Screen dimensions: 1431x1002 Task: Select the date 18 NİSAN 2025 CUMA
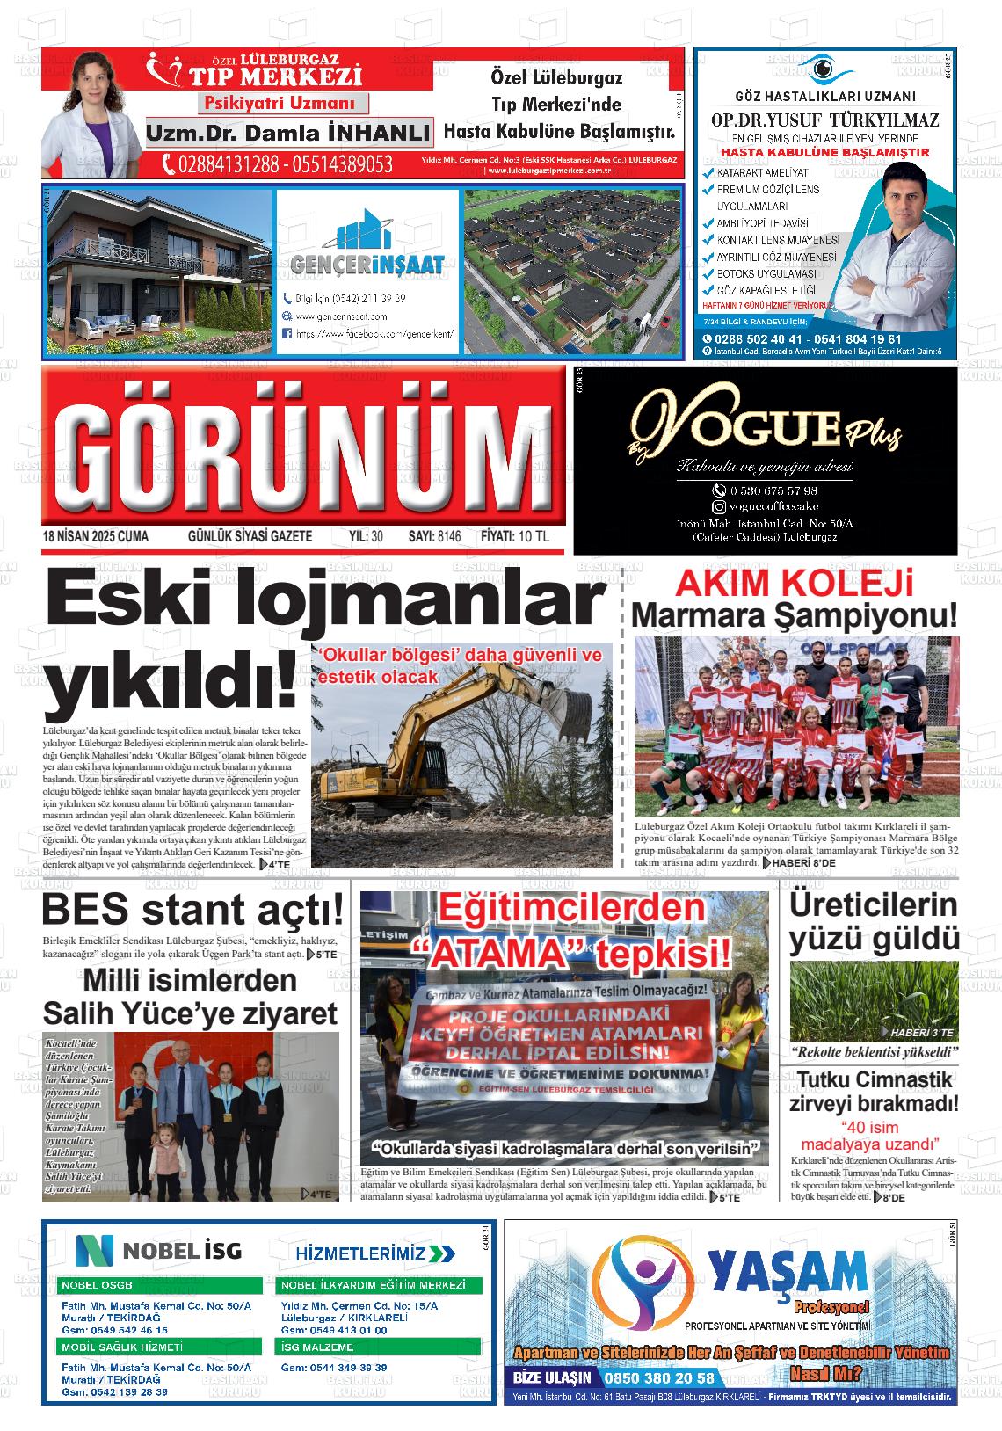[96, 536]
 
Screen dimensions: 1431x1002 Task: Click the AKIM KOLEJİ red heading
[794, 584]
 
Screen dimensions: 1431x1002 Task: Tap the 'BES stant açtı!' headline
[192, 910]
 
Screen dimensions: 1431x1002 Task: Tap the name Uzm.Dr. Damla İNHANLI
[288, 134]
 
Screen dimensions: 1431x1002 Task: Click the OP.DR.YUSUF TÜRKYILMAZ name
[824, 120]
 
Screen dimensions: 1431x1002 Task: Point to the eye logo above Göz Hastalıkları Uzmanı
[824, 69]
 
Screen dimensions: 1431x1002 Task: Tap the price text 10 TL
[534, 536]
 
